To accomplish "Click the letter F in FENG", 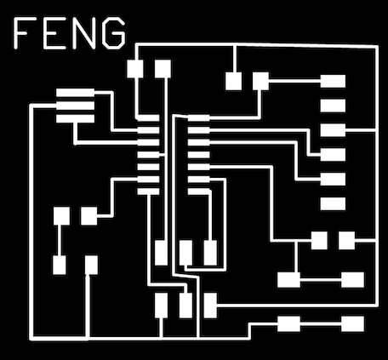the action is coord(23,32).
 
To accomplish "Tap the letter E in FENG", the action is coord(54,32).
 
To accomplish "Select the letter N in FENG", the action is coord(83,32).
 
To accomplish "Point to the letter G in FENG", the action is coord(113,32).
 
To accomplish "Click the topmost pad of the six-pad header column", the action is coord(333,81).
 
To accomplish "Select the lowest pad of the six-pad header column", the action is coord(333,203).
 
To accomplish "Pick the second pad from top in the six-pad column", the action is coord(333,106).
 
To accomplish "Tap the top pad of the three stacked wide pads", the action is coord(75,93).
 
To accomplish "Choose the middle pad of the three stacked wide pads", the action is coord(75,106).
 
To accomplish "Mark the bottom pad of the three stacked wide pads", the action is coord(75,119).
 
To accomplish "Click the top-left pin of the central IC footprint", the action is coord(148,117).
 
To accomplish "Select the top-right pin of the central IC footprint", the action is coord(198,117).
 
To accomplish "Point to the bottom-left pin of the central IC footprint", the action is coord(148,191).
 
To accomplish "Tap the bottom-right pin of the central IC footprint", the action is coord(198,191).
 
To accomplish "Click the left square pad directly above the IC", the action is coord(135,69).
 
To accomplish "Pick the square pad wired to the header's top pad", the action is coord(260,81).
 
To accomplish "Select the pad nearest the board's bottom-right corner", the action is coord(352,324).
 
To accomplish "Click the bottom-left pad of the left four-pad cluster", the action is coord(60,265).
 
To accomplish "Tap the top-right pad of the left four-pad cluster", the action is coord(89,216).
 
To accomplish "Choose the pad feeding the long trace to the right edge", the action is coord(210,306).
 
